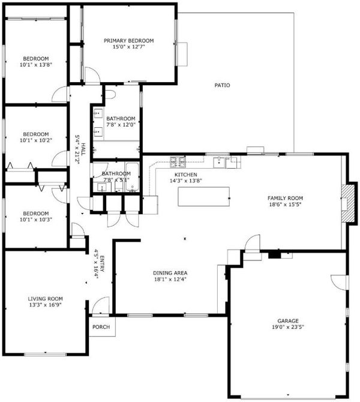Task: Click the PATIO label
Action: coord(222,85)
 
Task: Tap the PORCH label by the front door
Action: coord(101,327)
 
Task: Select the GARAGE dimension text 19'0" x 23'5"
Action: coord(288,327)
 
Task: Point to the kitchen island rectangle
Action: coord(203,196)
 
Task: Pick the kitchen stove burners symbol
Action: coord(178,160)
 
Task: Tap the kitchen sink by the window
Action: coord(219,163)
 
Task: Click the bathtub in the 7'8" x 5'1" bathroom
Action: coord(133,177)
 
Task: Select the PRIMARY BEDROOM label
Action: coord(129,41)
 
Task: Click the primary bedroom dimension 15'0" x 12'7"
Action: coord(129,47)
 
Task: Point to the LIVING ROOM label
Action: coord(45,299)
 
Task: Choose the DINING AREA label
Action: coord(170,273)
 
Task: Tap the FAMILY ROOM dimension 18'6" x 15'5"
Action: coord(285,205)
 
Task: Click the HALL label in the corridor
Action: coord(83,149)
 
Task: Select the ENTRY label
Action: coord(102,264)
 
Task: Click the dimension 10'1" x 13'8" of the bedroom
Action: coord(36,65)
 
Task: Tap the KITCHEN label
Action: coord(185,175)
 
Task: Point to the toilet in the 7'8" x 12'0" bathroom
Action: coord(110,94)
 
